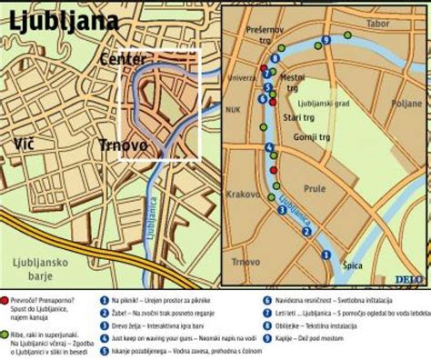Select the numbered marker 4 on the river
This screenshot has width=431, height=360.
[x=269, y=148]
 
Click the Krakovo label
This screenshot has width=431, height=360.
[x=243, y=195]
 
